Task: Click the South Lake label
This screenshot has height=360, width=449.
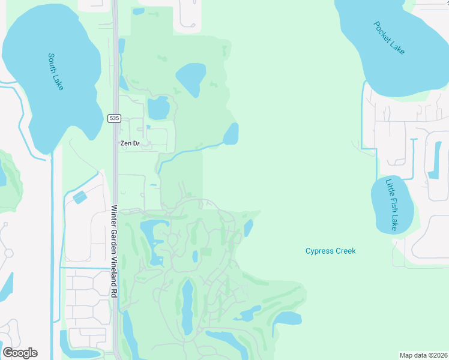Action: coord(56,72)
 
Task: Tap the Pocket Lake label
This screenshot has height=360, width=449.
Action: coord(389,38)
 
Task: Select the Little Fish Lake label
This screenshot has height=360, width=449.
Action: coord(391,204)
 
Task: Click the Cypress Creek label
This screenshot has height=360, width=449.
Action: coord(330,251)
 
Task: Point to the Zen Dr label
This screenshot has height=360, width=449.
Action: coord(129,143)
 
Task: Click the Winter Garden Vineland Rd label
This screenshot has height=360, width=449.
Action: coord(113,251)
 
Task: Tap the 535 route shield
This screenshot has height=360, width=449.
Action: coord(114,118)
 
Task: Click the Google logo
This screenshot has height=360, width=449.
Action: coord(20,352)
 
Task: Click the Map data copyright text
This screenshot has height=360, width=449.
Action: coord(423,355)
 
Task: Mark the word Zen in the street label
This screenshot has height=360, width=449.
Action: coord(125,143)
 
